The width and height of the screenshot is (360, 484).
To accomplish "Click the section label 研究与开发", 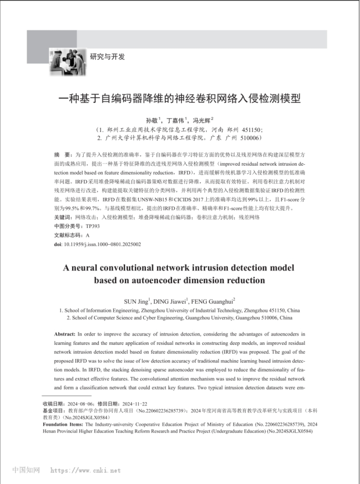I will tap(108, 57).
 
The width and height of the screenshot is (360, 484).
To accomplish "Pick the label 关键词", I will tap(64, 217).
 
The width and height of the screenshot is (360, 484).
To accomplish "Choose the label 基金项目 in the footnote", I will tap(53, 410).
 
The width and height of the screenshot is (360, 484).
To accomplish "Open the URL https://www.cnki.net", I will tap(85, 470).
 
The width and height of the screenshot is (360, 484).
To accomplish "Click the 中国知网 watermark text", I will tap(26, 470).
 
